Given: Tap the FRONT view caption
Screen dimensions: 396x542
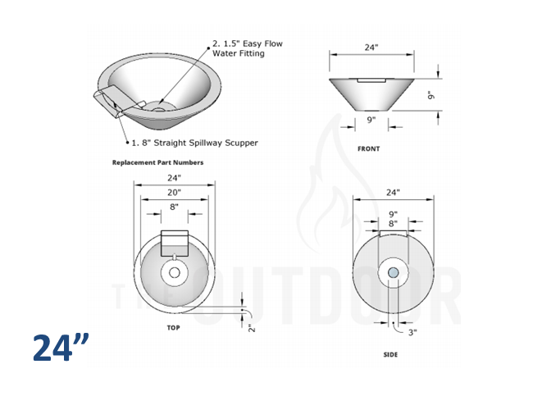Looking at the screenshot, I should coord(368,149).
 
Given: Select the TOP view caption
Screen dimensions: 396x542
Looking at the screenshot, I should coord(173,326).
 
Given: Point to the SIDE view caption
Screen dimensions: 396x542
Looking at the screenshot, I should coord(391,355).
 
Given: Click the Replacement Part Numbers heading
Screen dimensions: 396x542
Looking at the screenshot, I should coord(157,162).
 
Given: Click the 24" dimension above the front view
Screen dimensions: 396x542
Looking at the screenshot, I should coord(371,48).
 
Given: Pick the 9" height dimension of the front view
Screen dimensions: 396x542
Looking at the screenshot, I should coord(430,95).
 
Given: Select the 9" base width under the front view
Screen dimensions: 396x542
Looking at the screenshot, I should coord(371,120).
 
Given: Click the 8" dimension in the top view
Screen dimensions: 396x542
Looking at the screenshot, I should coord(174,208).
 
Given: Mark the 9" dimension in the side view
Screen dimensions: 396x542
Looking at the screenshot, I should coord(393,215).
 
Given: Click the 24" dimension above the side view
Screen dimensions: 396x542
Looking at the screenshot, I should coord(393,193).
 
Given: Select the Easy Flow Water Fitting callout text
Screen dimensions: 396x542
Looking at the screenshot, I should coord(248,48).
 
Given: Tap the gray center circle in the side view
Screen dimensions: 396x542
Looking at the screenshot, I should coord(393,272).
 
